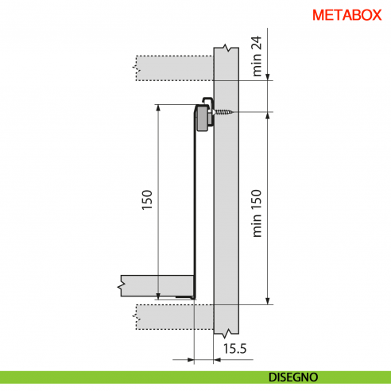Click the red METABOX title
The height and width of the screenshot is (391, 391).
pyautogui.click(x=346, y=15)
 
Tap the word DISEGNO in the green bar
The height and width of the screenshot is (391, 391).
pyautogui.click(x=293, y=377)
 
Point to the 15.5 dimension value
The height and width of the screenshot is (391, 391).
pyautogui.click(x=234, y=348)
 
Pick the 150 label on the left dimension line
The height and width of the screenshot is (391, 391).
pyautogui.click(x=146, y=203)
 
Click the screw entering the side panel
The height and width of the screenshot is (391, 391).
pyautogui.click(x=226, y=112)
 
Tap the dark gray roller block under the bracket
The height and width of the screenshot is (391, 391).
pyautogui.click(x=203, y=122)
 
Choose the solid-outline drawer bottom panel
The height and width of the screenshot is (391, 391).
pyautogui.click(x=159, y=284)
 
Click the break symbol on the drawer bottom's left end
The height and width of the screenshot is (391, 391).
pyautogui.click(x=120, y=284)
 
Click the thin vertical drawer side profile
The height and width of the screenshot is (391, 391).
pyautogui.click(x=194, y=207)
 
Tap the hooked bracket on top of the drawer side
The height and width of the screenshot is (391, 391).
pyautogui.click(x=203, y=103)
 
